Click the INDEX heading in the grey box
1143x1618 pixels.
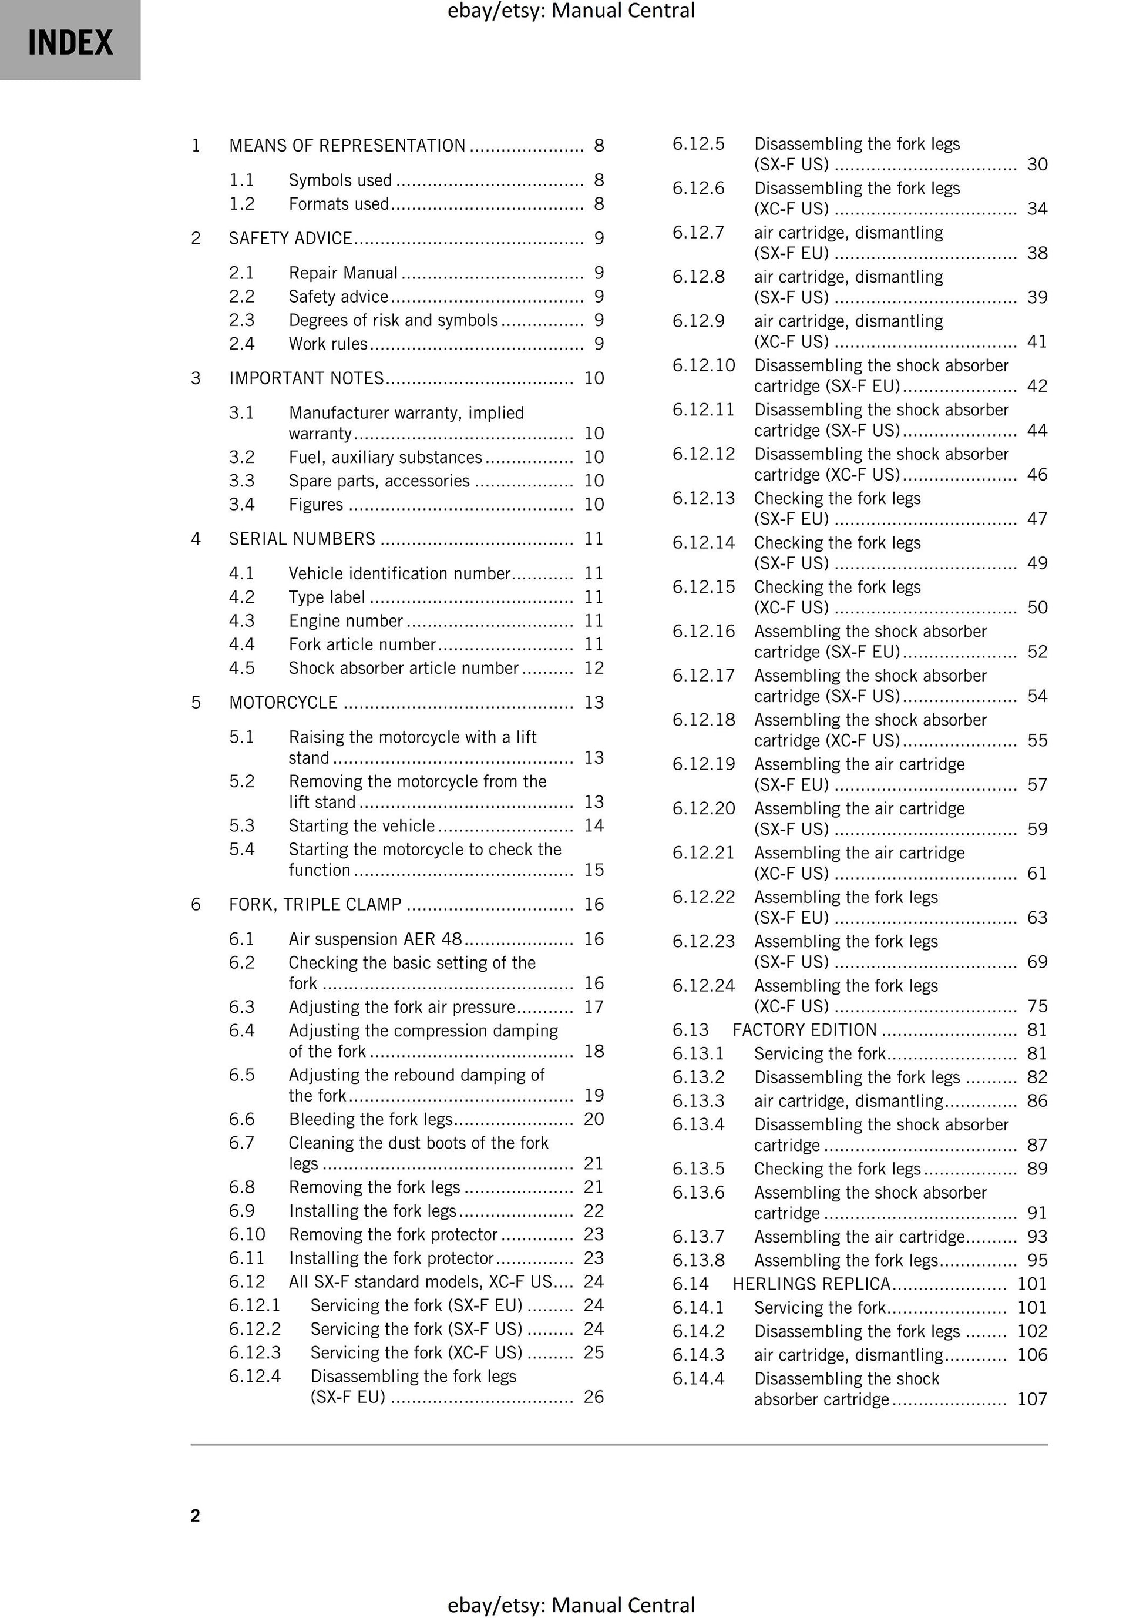click(x=70, y=42)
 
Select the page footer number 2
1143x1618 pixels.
click(x=195, y=1516)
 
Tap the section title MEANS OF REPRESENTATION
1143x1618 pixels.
click(x=347, y=146)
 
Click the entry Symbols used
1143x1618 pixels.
click(x=339, y=180)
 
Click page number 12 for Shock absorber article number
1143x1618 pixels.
click(x=593, y=668)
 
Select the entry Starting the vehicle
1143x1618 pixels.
click(x=361, y=826)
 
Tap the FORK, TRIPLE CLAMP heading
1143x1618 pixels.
click(x=315, y=904)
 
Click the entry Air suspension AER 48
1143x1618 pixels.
click(x=375, y=939)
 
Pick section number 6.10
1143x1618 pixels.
click(x=247, y=1234)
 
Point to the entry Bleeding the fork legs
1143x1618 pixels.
click(x=370, y=1119)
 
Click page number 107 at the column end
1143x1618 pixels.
click(x=1031, y=1399)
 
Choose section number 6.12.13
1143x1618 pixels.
click(x=702, y=498)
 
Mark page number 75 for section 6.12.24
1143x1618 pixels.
click(x=1037, y=1006)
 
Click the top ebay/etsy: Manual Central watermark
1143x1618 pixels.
click(x=571, y=11)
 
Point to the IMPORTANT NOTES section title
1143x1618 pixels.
click(x=306, y=378)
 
